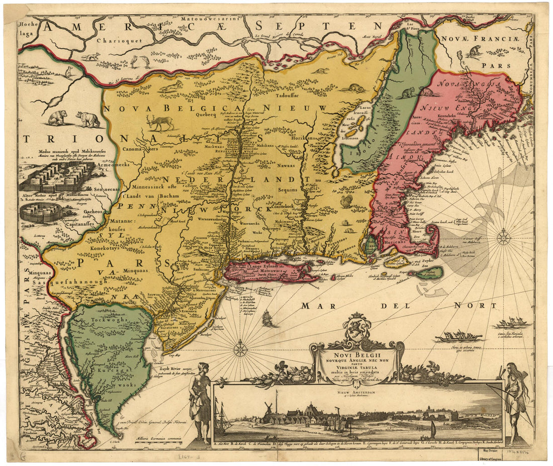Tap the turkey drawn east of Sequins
click(x=346, y=202)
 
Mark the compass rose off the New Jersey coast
click(x=240, y=348)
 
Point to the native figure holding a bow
click(x=515, y=397)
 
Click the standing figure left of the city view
click(x=201, y=400)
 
